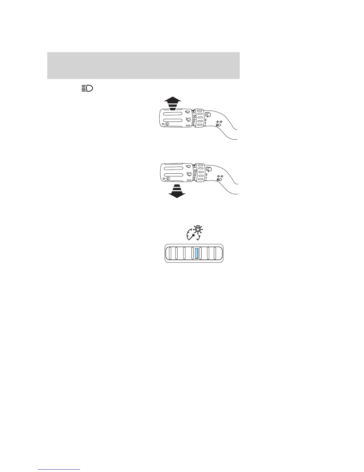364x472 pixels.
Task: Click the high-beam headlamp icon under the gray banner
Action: pyautogui.click(x=87, y=88)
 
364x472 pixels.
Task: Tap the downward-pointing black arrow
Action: pyautogui.click(x=177, y=191)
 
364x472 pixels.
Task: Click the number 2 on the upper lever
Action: pyautogui.click(x=205, y=120)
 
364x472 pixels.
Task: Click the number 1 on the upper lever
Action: pyautogui.click(x=205, y=123)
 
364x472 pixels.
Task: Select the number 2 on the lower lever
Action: pyautogui.click(x=206, y=174)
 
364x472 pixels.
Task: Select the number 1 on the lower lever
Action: pyautogui.click(x=206, y=178)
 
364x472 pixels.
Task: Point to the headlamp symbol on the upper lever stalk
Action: pyautogui.click(x=219, y=125)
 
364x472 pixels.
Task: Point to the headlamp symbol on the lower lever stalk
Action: pyautogui.click(x=219, y=180)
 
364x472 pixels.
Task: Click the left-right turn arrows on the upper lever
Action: pyautogui.click(x=219, y=122)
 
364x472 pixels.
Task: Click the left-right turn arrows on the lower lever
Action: pyautogui.click(x=220, y=176)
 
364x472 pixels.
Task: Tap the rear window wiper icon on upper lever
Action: pyautogui.click(x=208, y=114)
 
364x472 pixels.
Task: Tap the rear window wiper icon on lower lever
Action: pyautogui.click(x=208, y=169)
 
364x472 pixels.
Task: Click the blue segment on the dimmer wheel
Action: pyautogui.click(x=196, y=254)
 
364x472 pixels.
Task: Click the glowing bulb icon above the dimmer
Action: pyautogui.click(x=197, y=230)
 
